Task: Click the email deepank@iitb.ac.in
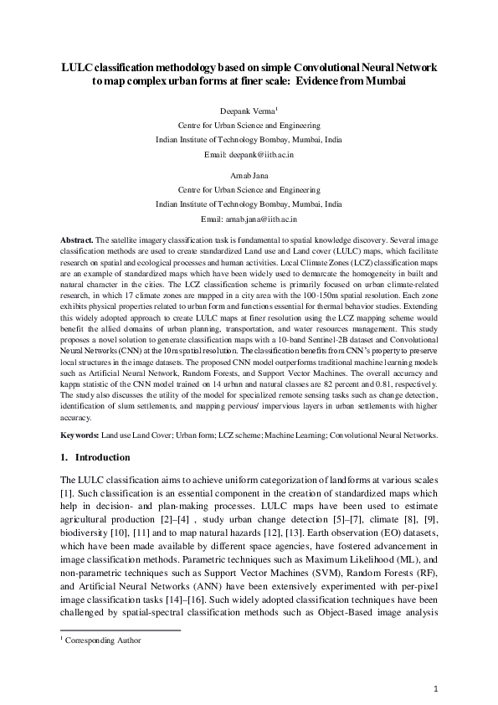coord(249,155)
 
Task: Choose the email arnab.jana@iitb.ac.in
coord(249,218)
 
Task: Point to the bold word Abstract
coord(79,240)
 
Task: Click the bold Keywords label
coord(81,436)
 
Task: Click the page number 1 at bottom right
coord(437,688)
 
